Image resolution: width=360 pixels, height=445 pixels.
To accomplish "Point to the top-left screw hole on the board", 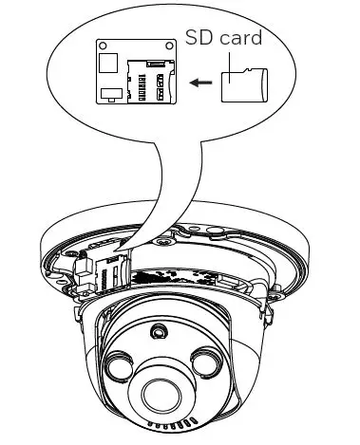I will coord(102,44).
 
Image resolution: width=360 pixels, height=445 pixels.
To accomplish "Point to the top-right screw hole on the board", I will coord(171,44).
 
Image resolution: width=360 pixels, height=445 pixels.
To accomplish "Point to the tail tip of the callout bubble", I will coord(121,249).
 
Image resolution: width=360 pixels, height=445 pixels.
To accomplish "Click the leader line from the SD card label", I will coord(216,60).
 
